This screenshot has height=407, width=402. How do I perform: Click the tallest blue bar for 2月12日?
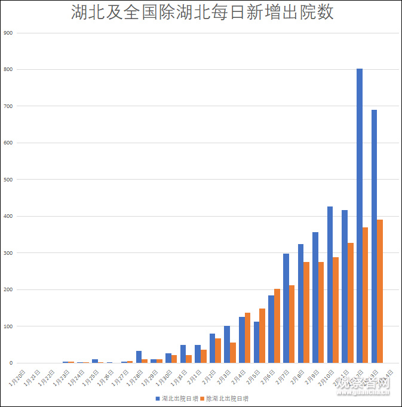(x=360, y=215)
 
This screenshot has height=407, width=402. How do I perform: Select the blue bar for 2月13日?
(x=374, y=236)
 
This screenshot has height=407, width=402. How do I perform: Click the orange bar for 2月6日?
(x=277, y=326)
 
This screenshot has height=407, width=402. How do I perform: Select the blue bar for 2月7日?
(x=286, y=308)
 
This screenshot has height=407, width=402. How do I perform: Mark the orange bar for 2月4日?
(x=247, y=338)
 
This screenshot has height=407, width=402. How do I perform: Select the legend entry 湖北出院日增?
(x=176, y=398)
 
